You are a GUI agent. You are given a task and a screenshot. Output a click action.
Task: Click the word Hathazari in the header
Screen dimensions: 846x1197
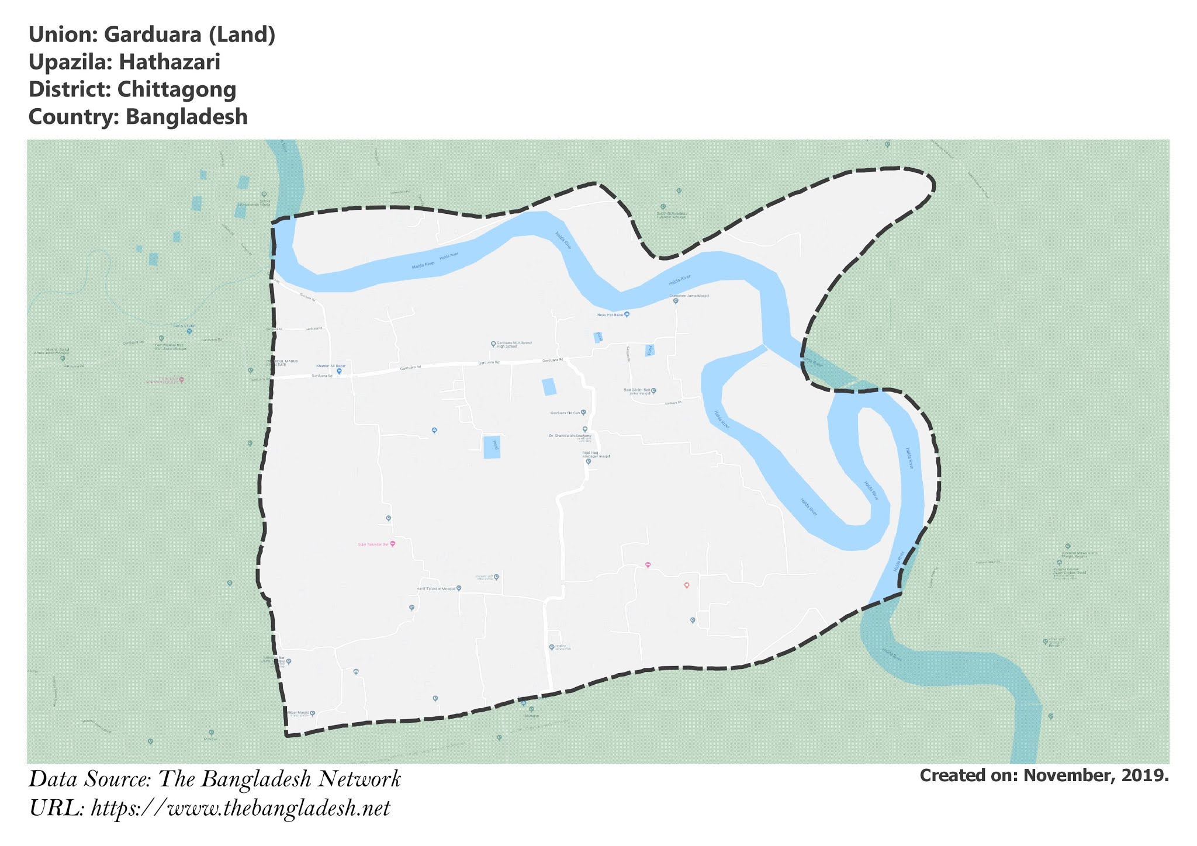pos(169,62)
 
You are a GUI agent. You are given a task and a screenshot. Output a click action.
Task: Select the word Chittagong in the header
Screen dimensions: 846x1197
pos(177,89)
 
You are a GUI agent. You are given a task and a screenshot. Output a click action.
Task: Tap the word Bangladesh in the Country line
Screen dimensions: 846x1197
pos(186,117)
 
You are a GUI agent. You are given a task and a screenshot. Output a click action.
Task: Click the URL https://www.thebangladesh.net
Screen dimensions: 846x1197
pos(240,809)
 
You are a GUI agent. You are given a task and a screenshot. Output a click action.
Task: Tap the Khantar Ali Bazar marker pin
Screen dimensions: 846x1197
pos(339,372)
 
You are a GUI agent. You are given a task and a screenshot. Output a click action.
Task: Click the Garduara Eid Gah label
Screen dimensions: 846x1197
pos(565,413)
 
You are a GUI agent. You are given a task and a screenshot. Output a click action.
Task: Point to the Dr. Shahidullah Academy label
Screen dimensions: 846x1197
pos(570,436)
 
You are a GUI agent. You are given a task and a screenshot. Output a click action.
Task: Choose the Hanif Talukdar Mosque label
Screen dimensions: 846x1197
pos(435,588)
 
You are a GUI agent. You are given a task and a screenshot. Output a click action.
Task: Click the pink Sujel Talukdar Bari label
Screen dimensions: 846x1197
pos(373,544)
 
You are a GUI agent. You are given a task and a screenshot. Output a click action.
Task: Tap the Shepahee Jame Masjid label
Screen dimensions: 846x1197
pos(689,296)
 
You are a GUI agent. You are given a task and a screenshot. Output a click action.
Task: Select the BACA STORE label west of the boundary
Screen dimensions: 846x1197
pos(184,326)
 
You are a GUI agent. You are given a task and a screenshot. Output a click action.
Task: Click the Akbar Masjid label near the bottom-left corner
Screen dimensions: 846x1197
pos(297,713)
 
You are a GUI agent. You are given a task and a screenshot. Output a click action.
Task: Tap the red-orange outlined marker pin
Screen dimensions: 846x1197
pos(687,585)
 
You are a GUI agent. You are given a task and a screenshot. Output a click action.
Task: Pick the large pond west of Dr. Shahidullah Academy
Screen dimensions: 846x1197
pos(492,447)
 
